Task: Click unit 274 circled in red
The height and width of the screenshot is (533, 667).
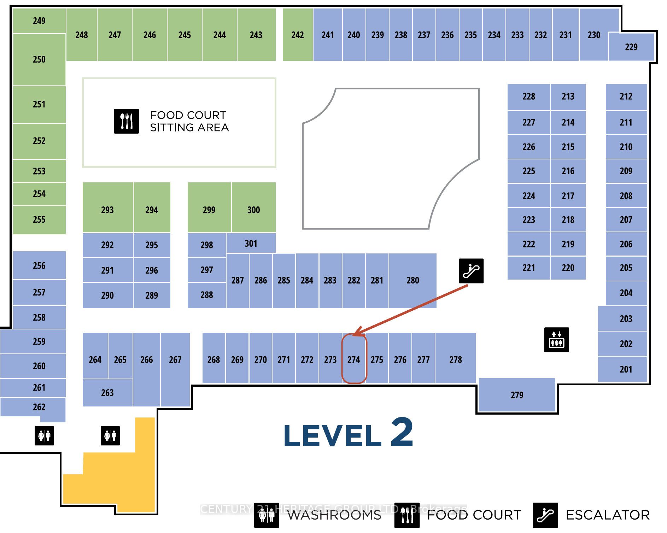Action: (x=354, y=359)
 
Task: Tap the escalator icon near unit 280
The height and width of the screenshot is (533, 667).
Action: (x=471, y=271)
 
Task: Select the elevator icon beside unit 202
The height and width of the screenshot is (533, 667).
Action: (x=556, y=340)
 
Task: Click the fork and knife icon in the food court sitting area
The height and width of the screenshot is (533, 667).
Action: (x=126, y=121)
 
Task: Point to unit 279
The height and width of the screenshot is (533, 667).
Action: (x=517, y=395)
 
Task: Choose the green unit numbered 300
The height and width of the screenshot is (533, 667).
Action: (x=253, y=210)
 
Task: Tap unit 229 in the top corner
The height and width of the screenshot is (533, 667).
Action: (x=631, y=47)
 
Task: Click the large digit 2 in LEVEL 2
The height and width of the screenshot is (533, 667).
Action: (x=402, y=432)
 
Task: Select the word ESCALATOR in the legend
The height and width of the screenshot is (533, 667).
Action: (x=608, y=515)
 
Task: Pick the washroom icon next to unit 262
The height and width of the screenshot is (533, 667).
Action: (x=44, y=435)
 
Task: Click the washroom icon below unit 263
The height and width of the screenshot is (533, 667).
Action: (x=110, y=435)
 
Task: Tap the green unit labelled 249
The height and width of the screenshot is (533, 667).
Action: (x=39, y=21)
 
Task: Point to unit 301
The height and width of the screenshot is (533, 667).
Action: (x=251, y=243)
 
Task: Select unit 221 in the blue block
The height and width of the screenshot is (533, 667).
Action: (x=528, y=268)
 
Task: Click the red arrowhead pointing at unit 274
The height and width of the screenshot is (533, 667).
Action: (x=358, y=332)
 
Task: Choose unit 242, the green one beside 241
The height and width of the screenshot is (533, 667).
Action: (x=298, y=35)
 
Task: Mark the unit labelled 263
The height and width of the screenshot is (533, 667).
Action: (x=107, y=392)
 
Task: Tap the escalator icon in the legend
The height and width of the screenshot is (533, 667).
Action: (x=545, y=515)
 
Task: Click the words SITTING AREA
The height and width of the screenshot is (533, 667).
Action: (x=189, y=128)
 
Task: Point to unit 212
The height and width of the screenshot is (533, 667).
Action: (x=626, y=96)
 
